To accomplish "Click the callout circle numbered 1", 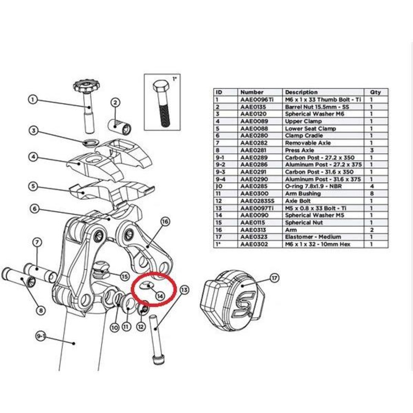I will tap(33, 100).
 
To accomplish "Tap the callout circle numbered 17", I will tap(274, 279).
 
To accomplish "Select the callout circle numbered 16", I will tap(165, 222).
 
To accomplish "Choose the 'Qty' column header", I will tap(375, 92).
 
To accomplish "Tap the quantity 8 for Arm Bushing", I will tap(371, 193).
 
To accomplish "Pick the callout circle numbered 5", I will tap(33, 186).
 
